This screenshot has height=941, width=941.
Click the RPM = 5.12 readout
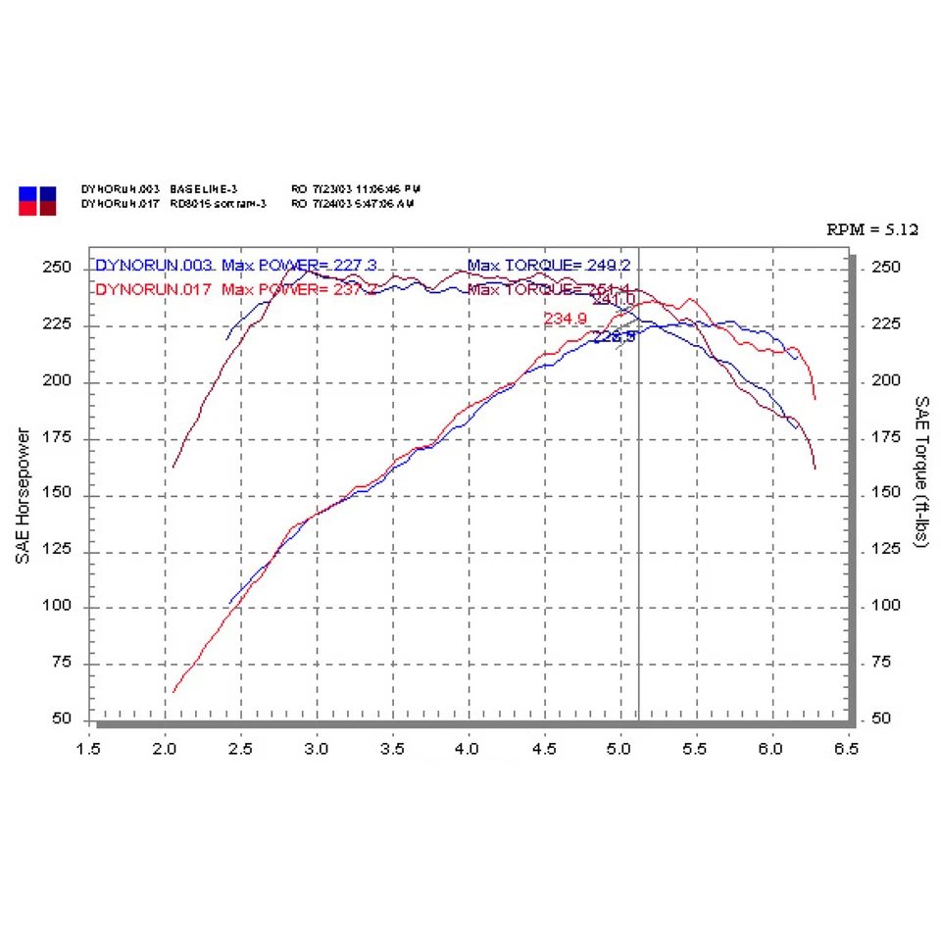click(872, 230)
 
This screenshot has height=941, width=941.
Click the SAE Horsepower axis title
click(22, 495)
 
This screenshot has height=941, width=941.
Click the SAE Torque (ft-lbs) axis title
click(921, 472)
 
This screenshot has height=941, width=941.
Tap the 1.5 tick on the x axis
click(89, 749)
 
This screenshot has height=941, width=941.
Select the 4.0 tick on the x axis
click(468, 749)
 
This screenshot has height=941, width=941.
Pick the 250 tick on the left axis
click(59, 268)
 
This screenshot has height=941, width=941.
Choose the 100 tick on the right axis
click(888, 605)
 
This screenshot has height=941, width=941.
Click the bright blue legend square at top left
click(27, 193)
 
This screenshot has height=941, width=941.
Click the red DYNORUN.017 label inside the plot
click(155, 289)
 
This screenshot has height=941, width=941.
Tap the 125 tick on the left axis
click(59, 551)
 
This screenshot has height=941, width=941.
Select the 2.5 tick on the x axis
click(240, 749)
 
